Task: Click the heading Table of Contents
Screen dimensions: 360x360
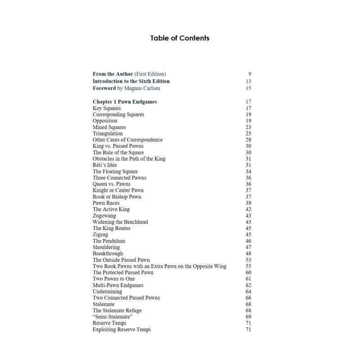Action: (180, 38)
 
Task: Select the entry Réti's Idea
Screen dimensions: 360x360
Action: (104, 165)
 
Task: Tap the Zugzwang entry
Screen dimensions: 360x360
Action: (104, 216)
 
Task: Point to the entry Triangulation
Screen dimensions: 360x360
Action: (108, 134)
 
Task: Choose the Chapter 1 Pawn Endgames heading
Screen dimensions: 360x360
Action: (125, 102)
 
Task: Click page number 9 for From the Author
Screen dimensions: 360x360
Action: (249, 74)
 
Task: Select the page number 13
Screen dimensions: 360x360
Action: (248, 81)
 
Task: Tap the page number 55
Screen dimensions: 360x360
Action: (248, 266)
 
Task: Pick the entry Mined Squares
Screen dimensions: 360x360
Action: (109, 127)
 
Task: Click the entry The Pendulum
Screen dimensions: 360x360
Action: (109, 241)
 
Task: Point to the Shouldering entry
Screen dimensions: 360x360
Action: (106, 247)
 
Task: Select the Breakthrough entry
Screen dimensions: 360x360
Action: (108, 254)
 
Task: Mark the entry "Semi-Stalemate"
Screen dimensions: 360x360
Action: (109, 317)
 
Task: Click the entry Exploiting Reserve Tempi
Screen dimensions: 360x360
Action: (121, 330)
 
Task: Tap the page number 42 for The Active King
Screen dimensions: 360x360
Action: (248, 209)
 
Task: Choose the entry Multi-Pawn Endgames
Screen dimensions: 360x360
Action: (118, 285)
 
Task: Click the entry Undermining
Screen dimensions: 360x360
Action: (107, 292)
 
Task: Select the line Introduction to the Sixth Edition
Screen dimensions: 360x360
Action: (131, 81)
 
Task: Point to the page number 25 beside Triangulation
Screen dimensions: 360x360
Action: (248, 134)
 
